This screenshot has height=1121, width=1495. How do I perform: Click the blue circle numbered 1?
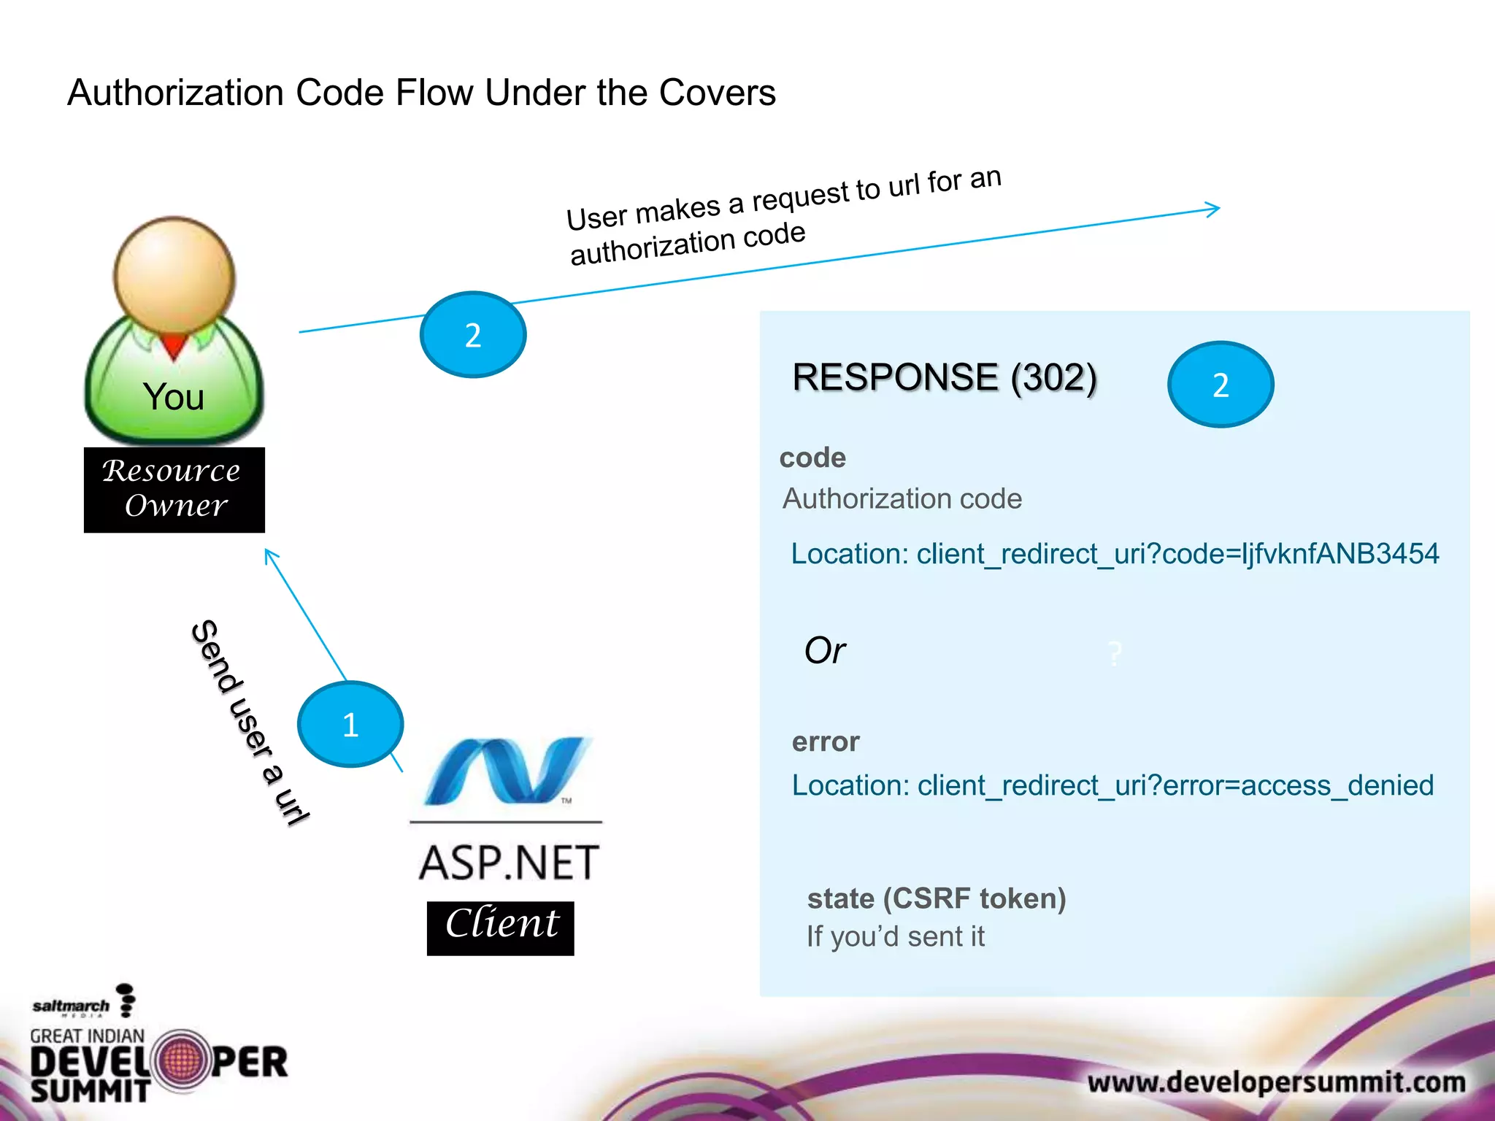pyautogui.click(x=350, y=724)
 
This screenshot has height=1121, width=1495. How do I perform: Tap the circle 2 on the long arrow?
pyautogui.click(x=473, y=335)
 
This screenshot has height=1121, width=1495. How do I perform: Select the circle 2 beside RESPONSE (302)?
pyautogui.click(x=1221, y=385)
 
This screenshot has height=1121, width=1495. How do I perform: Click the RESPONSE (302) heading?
pyautogui.click(x=945, y=377)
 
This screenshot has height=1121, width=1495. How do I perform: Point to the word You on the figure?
pyautogui.click(x=173, y=397)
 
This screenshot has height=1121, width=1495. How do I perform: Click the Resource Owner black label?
pyautogui.click(x=174, y=489)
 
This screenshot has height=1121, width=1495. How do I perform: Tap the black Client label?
pyautogui.click(x=501, y=927)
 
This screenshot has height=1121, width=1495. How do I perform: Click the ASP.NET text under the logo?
pyautogui.click(x=509, y=863)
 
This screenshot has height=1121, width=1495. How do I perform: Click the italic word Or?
pyautogui.click(x=824, y=650)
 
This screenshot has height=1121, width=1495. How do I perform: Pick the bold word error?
pyautogui.click(x=826, y=741)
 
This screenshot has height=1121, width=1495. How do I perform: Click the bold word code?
pyautogui.click(x=812, y=458)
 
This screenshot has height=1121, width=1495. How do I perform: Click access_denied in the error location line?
pyautogui.click(x=1337, y=786)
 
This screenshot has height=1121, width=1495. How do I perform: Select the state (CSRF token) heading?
pyautogui.click(x=937, y=898)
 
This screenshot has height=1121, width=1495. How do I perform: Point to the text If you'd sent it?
pyautogui.click(x=896, y=936)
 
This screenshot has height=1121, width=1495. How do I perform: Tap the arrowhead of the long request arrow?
pyautogui.click(x=1213, y=209)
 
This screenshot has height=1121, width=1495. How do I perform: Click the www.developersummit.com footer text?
pyautogui.click(x=1276, y=1082)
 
